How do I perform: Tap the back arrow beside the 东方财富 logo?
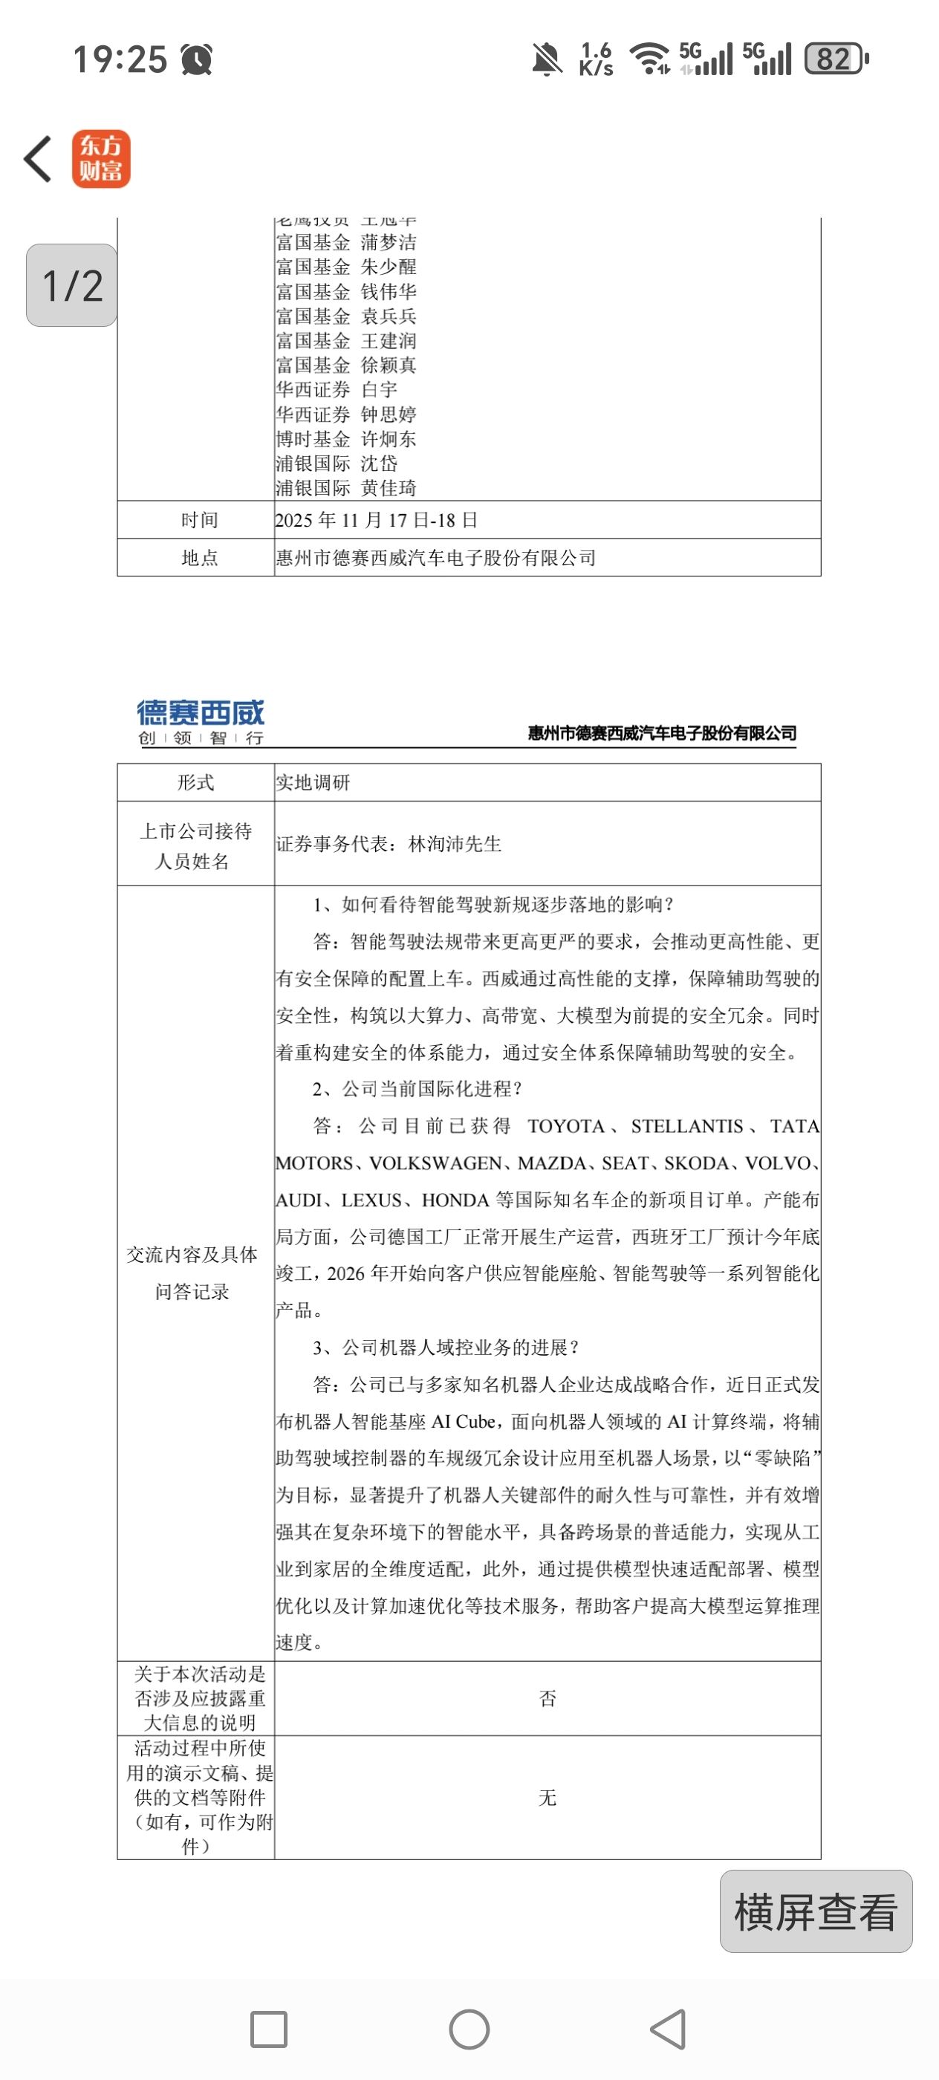pos(38,158)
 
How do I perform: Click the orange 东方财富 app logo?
pos(101,158)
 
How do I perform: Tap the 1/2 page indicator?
pos(72,285)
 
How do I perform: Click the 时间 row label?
pos(198,520)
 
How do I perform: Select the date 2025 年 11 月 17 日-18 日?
pos(376,520)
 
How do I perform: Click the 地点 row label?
pos(198,557)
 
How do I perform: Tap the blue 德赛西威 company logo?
pos(201,721)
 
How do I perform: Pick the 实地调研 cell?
pos(313,781)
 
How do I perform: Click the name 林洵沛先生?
pos(455,844)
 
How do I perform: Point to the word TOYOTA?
pos(565,1126)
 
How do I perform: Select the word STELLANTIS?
pos(686,1126)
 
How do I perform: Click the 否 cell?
pos(548,1698)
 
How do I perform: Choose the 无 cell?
pos(548,1798)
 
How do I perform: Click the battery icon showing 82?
pos(836,59)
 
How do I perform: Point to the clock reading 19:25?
pos(120,59)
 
